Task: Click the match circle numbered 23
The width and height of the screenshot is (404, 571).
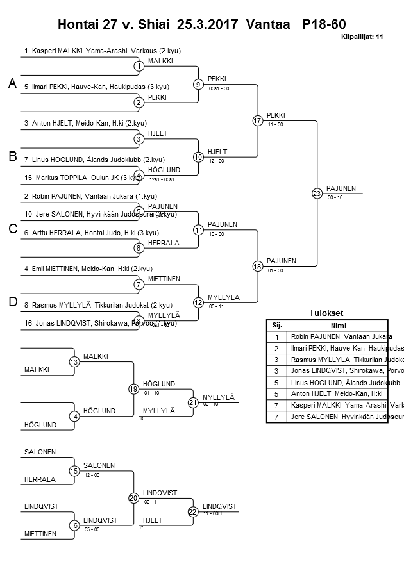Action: click(317, 193)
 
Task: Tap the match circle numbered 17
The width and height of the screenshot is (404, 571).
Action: click(258, 120)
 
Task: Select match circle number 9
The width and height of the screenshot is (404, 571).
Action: click(199, 84)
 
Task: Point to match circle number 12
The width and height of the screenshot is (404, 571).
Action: click(199, 302)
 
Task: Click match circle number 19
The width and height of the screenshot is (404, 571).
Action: click(133, 389)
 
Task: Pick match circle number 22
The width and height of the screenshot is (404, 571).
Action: click(193, 511)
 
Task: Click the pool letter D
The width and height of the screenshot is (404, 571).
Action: click(12, 302)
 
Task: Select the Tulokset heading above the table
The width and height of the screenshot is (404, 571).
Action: click(326, 313)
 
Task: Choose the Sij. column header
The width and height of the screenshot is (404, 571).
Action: click(277, 325)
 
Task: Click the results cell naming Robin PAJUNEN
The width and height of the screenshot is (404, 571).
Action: click(333, 336)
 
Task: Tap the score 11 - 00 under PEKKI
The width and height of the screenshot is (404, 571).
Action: click(276, 124)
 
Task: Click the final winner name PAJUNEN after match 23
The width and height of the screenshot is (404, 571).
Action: click(341, 188)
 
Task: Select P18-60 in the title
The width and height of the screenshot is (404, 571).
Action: click(324, 24)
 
